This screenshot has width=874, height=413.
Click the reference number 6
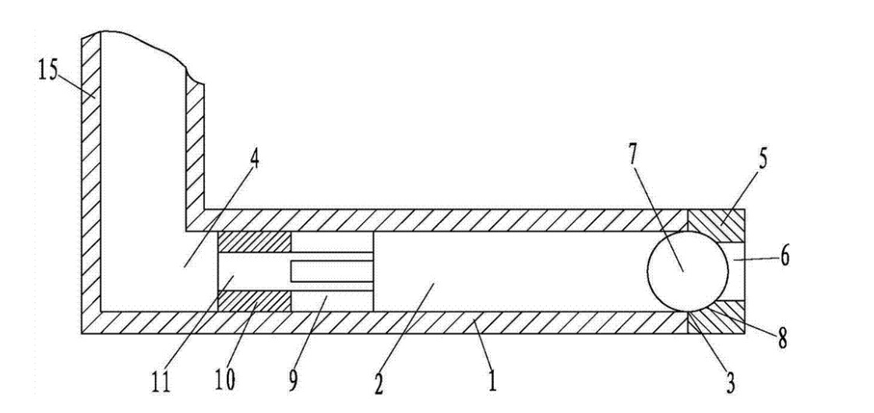click(784, 256)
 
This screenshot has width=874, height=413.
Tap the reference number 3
click(730, 383)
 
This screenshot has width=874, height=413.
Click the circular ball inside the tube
click(688, 269)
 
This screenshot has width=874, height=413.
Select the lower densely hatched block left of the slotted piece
click(254, 301)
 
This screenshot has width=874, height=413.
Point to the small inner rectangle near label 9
click(331, 271)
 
